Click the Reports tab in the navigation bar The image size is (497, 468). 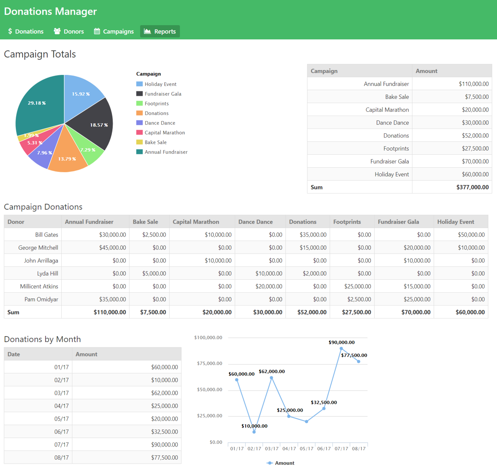click(160, 31)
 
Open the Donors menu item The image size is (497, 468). click(69, 31)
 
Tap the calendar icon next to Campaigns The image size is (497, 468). click(97, 31)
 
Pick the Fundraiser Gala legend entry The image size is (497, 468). click(163, 94)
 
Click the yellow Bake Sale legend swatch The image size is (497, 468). click(139, 142)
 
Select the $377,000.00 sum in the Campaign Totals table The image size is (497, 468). click(472, 187)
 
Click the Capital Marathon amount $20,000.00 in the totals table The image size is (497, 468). click(475, 110)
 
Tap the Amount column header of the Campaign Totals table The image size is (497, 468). click(426, 71)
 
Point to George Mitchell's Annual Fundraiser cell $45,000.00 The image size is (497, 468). click(112, 248)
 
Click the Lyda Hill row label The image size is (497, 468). click(47, 273)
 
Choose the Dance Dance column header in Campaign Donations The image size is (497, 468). click(255, 222)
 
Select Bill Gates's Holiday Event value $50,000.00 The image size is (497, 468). click(471, 235)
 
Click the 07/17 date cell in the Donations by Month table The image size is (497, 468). click(62, 444)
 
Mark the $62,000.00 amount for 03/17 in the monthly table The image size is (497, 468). click(164, 393)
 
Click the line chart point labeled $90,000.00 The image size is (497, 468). click(341, 348)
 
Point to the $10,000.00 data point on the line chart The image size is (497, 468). click(254, 432)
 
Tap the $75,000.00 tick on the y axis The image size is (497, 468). click(209, 363)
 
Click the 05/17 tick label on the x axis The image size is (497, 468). click(306, 448)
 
